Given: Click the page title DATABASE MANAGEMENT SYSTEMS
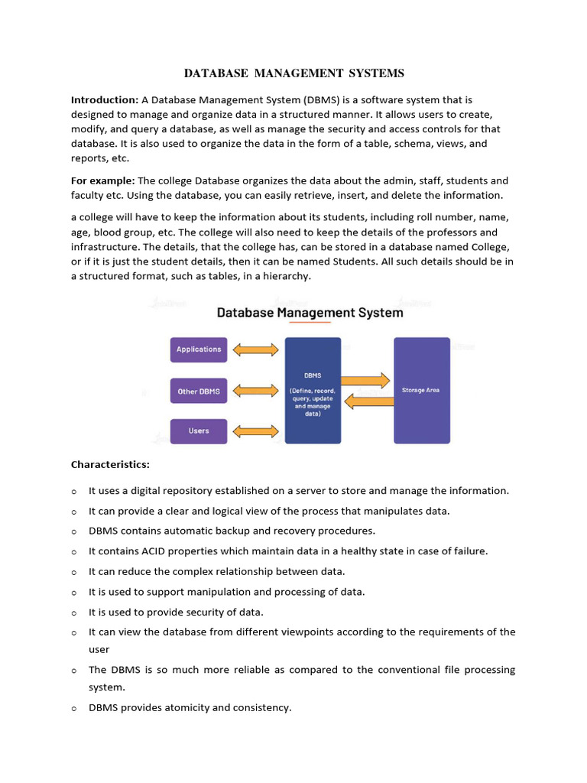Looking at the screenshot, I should pyautogui.click(x=294, y=73).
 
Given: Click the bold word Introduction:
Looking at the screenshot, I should pyautogui.click(x=105, y=100).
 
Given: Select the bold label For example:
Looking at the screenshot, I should pyautogui.click(x=102, y=180).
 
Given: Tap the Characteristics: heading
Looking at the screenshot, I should pyautogui.click(x=111, y=464).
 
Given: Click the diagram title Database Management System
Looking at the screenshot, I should pyautogui.click(x=310, y=313).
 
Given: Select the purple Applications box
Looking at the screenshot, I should pyautogui.click(x=199, y=349).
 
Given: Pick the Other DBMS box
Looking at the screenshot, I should pyautogui.click(x=199, y=391).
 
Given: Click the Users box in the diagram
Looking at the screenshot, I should pyautogui.click(x=199, y=431).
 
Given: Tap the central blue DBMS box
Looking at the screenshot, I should pyautogui.click(x=313, y=390).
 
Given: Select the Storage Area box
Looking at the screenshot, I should pyautogui.click(x=422, y=390).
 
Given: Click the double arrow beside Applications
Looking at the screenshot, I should pyautogui.click(x=255, y=349).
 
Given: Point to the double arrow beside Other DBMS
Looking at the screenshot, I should pyautogui.click(x=255, y=391).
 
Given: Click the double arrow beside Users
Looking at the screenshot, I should pyautogui.click(x=255, y=431).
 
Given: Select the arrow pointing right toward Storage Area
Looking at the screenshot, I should pyautogui.click(x=366, y=380).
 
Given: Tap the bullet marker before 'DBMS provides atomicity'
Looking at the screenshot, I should pyautogui.click(x=74, y=709).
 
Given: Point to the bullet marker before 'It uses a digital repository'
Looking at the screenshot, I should pyautogui.click(x=74, y=492).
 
